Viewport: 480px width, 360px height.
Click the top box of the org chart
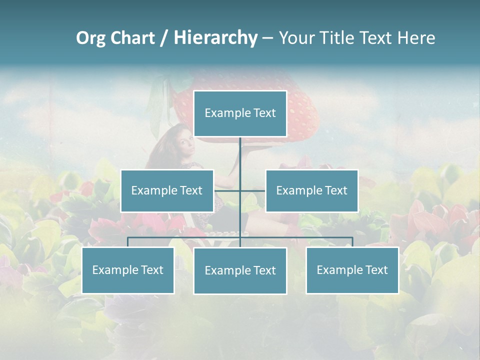coord(240,113)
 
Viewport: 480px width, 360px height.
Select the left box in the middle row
coord(167,190)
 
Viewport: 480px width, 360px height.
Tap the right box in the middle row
coord(312,190)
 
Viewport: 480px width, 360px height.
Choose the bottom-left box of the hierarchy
coord(128,270)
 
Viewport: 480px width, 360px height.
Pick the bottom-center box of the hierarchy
coord(240,270)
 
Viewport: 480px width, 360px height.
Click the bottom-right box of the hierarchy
coord(352,270)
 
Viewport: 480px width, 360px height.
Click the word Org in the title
coord(90,38)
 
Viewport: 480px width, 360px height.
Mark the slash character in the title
coord(164,38)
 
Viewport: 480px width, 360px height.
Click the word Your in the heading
coord(297,38)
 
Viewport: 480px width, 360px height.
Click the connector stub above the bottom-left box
coord(128,242)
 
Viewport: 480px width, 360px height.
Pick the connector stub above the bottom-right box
coord(352,242)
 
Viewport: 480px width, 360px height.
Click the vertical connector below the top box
coord(240,155)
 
